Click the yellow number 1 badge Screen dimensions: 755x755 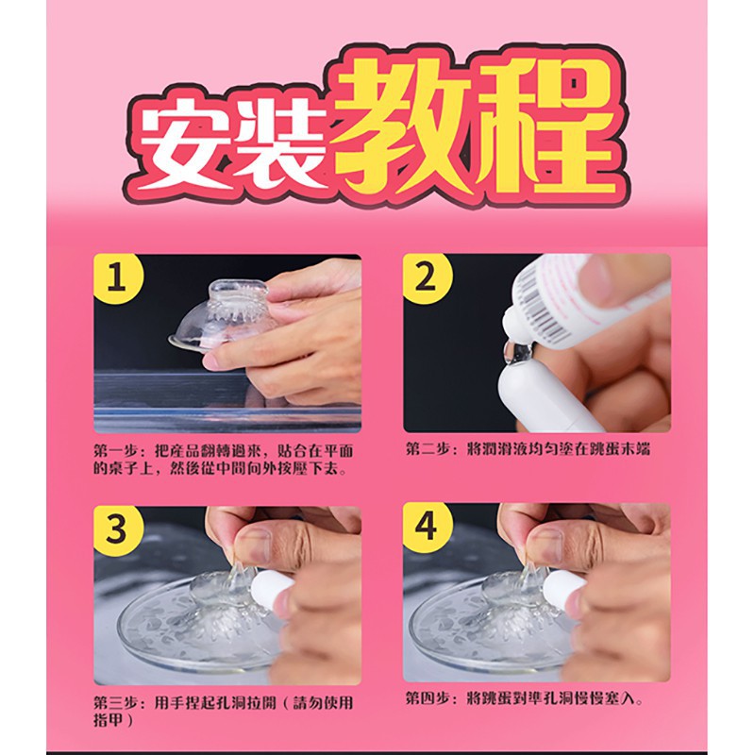[117, 277]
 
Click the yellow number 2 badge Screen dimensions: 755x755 [427, 277]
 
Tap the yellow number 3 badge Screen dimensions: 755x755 [117, 529]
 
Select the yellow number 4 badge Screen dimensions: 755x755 [427, 528]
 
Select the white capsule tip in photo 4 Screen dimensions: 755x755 [563, 586]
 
